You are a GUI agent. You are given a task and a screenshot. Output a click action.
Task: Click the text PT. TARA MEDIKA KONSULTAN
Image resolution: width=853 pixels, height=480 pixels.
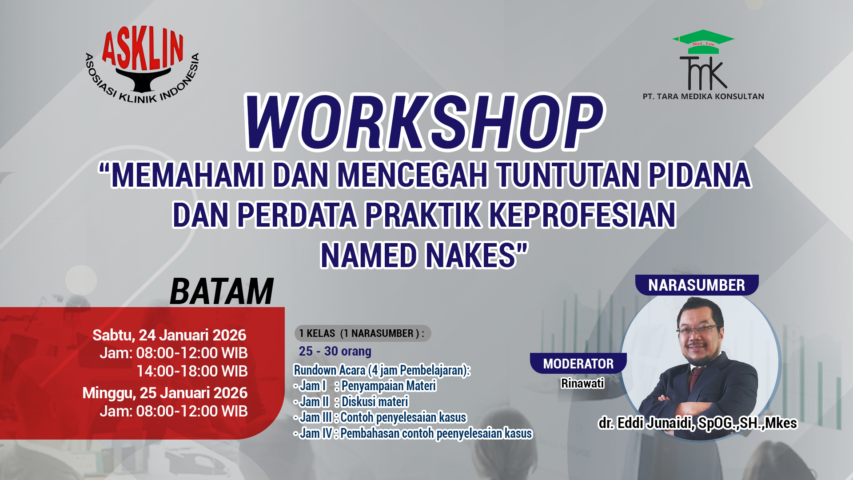[x=703, y=96]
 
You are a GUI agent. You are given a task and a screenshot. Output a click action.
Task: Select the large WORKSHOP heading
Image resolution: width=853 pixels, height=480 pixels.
[x=424, y=122]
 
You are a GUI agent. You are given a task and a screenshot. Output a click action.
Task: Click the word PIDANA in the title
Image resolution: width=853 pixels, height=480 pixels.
[x=699, y=175]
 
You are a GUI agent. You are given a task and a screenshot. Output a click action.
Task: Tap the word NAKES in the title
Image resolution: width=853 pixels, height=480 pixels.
[x=476, y=256]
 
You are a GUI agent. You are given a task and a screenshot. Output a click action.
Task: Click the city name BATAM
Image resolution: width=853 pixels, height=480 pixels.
[x=221, y=292]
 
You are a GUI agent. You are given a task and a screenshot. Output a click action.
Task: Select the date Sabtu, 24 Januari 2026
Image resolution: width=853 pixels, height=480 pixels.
[x=169, y=335]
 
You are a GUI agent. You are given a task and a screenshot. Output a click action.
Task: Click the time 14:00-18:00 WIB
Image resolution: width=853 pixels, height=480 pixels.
[x=192, y=371]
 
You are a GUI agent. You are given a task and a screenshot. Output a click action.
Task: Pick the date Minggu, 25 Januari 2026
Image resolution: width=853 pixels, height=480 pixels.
[x=165, y=393]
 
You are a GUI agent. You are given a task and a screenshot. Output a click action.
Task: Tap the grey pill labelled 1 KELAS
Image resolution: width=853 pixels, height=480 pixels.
[x=362, y=333]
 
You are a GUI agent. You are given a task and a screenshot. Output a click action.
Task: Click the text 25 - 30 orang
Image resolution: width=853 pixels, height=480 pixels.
[x=335, y=351]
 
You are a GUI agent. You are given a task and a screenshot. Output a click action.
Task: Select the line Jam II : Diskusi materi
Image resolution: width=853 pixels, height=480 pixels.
[x=351, y=402]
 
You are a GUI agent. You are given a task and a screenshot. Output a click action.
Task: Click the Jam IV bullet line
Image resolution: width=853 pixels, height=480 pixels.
[x=413, y=433]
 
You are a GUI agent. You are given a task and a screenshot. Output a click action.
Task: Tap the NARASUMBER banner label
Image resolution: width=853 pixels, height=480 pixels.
[x=697, y=285]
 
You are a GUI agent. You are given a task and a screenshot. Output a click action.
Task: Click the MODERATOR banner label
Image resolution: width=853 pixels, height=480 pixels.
[x=578, y=364]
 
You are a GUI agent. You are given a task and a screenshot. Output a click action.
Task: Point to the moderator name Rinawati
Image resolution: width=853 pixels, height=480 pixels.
[x=582, y=383]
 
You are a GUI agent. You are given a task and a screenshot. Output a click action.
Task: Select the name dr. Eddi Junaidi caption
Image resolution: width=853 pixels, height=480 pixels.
[x=698, y=423]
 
